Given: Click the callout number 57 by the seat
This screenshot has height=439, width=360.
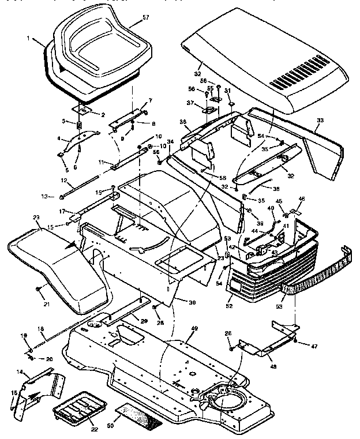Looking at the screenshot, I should pyautogui.click(x=145, y=17).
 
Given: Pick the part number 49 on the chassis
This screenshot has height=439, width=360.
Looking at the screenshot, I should pyautogui.click(x=194, y=329).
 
